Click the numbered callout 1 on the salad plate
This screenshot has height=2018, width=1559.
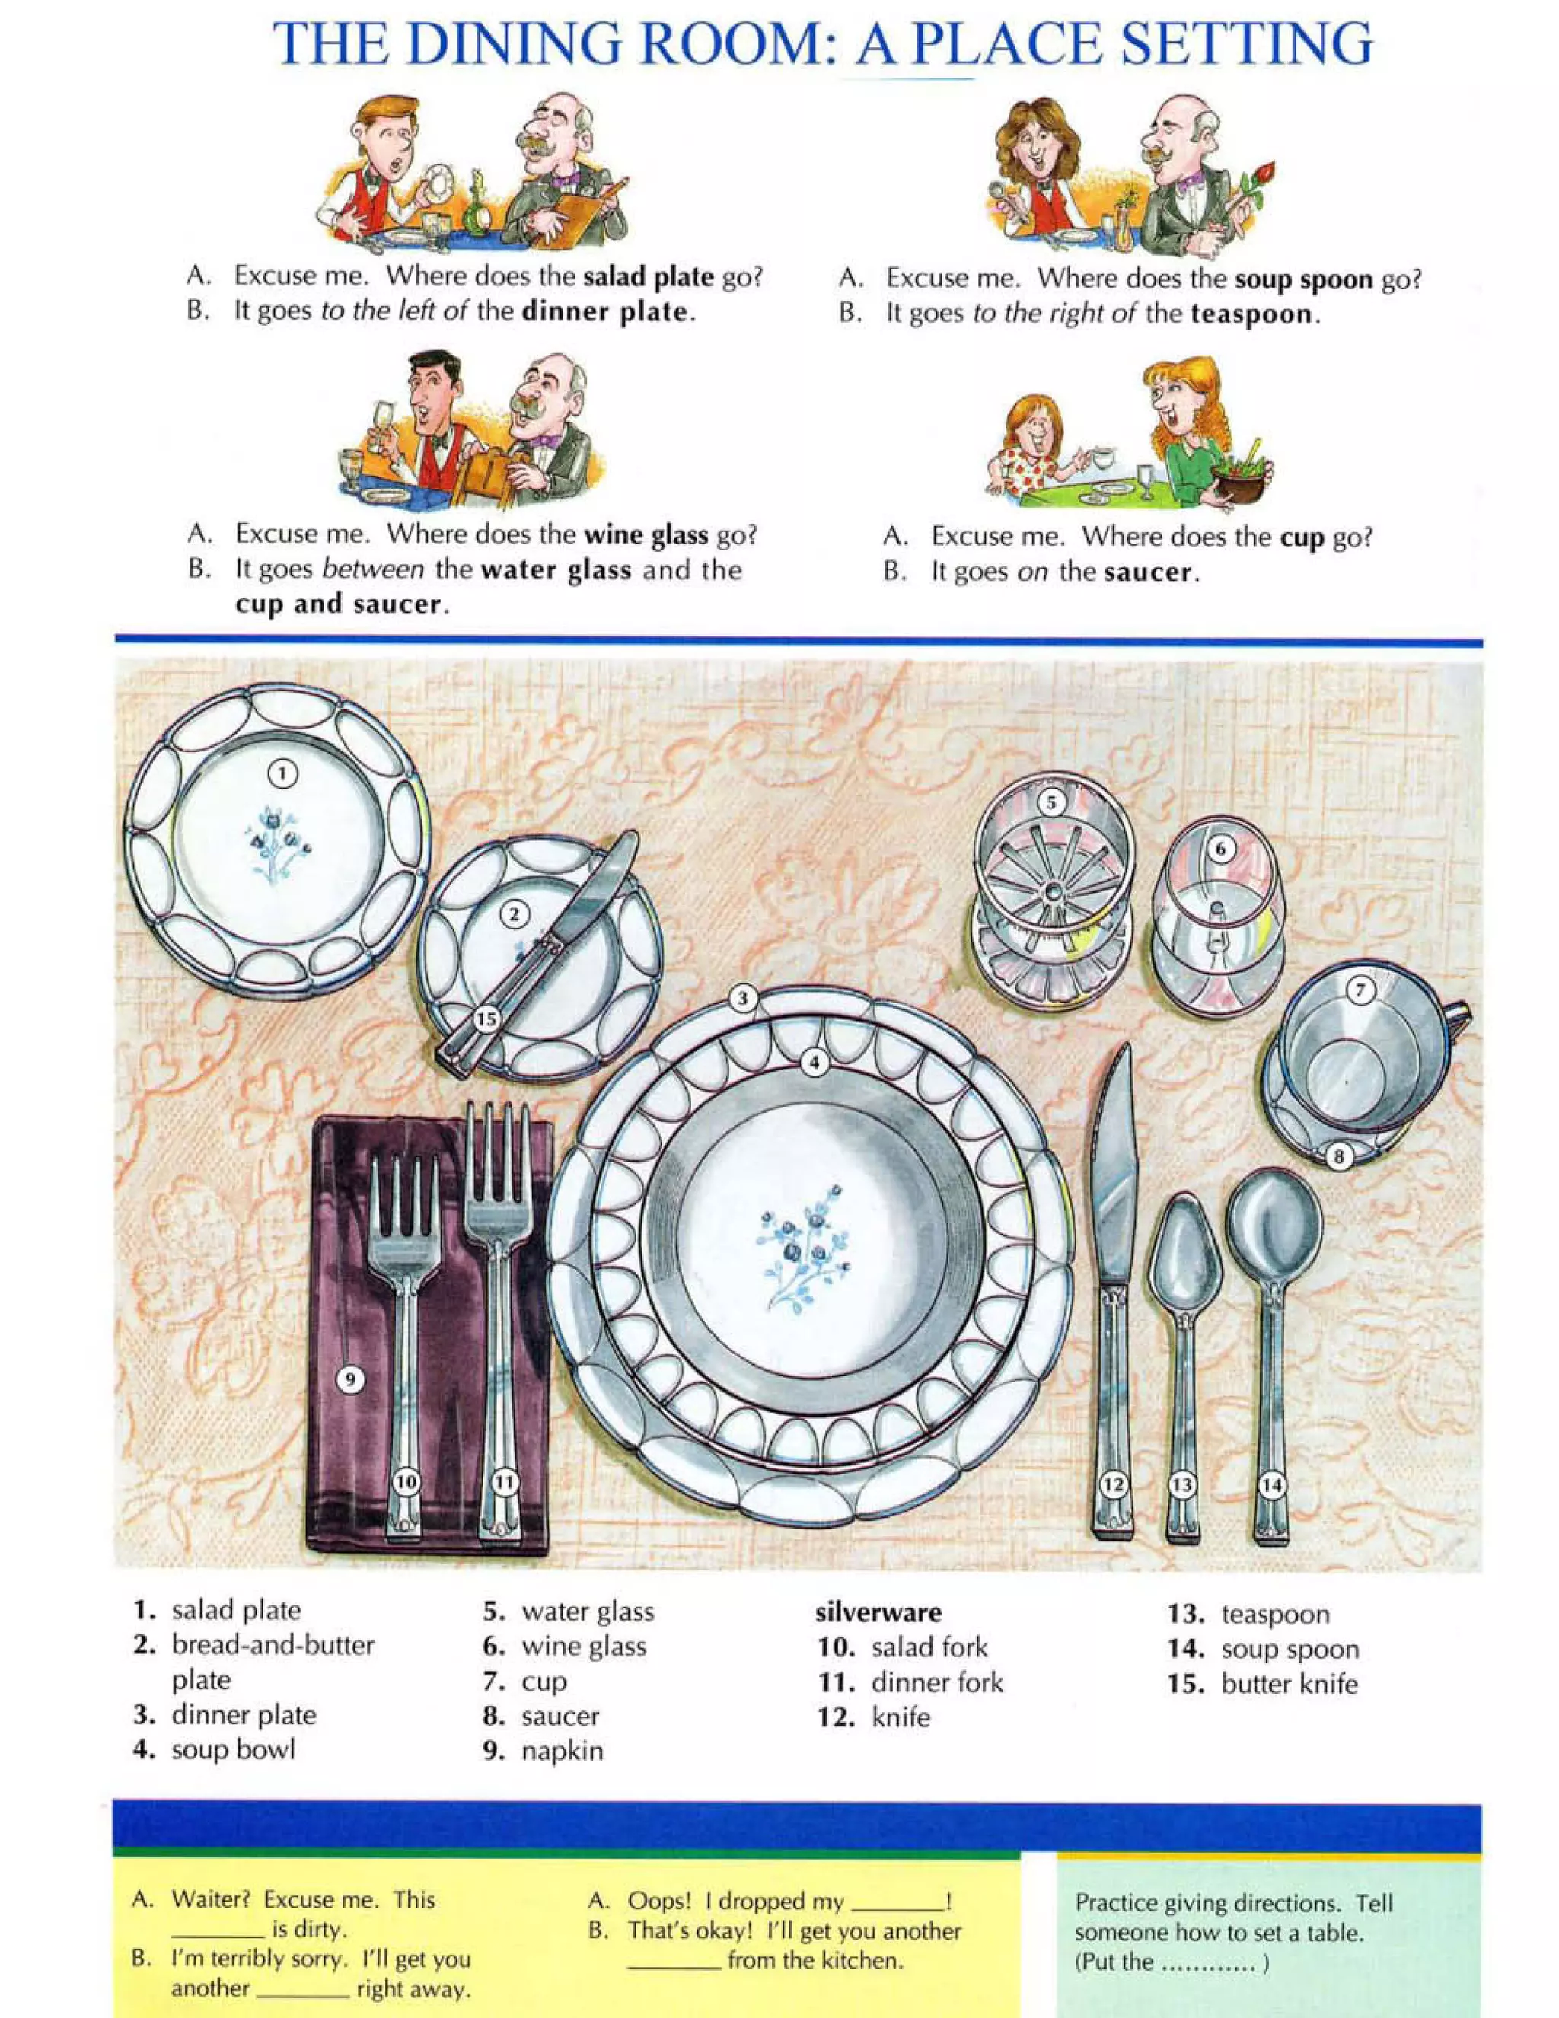tap(282, 773)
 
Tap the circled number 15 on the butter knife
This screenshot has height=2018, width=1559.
tap(486, 1019)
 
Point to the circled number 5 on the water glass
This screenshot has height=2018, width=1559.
tap(1050, 802)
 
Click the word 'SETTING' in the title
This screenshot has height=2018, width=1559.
tap(1247, 44)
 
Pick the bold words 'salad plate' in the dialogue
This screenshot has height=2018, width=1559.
tap(648, 276)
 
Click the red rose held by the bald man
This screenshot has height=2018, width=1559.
tap(1264, 174)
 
